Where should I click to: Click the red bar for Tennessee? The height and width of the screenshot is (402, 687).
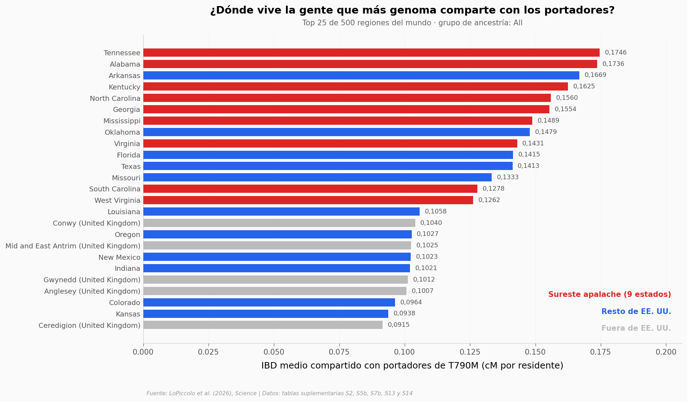point(371,53)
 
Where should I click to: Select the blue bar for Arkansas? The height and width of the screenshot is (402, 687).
point(361,75)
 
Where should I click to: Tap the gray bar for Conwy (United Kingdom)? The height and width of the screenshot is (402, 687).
point(279,223)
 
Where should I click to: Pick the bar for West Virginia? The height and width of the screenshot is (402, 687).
point(308,200)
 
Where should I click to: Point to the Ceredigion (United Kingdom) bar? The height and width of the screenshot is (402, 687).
point(263,325)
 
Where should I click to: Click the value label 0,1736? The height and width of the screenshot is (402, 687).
point(613,64)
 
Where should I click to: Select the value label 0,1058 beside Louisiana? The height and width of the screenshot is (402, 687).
point(436,211)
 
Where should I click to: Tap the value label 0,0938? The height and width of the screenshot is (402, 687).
point(404,314)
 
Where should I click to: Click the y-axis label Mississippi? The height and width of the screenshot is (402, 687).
point(122,121)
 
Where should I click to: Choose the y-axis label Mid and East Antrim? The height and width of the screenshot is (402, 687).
point(73,246)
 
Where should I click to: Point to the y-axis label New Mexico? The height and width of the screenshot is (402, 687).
point(119,257)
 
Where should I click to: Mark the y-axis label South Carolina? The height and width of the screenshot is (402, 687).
point(115,189)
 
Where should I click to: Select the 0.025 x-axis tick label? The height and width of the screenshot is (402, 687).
point(209,352)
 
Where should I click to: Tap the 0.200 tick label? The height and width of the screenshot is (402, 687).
point(666,352)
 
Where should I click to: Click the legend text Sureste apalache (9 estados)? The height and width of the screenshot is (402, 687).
point(610,294)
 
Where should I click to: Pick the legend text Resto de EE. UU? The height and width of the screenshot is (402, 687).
point(636,311)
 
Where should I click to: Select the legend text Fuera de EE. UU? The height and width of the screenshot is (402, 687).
point(636,328)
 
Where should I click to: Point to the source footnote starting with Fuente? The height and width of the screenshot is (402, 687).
point(280,393)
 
